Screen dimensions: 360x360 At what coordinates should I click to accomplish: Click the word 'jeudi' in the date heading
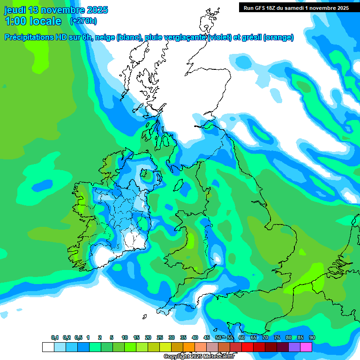(x=15, y=10)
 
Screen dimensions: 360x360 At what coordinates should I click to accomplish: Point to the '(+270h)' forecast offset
(x=83, y=21)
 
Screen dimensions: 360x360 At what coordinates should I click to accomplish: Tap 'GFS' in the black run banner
(x=261, y=8)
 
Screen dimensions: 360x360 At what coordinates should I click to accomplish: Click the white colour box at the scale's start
(x=48, y=347)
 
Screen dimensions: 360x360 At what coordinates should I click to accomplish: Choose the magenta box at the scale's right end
(x=306, y=347)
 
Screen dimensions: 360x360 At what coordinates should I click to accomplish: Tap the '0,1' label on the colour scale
(x=55, y=338)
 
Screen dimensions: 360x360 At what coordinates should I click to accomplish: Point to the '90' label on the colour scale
(x=312, y=338)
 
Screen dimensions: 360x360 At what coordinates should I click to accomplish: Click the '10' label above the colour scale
(x=125, y=338)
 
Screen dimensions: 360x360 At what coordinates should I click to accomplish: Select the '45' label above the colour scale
(x=207, y=338)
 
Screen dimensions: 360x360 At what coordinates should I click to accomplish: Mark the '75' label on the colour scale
(x=277, y=338)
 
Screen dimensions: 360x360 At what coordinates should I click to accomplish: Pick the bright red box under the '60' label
(x=247, y=347)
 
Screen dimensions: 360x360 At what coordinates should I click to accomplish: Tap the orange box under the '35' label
(x=189, y=347)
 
